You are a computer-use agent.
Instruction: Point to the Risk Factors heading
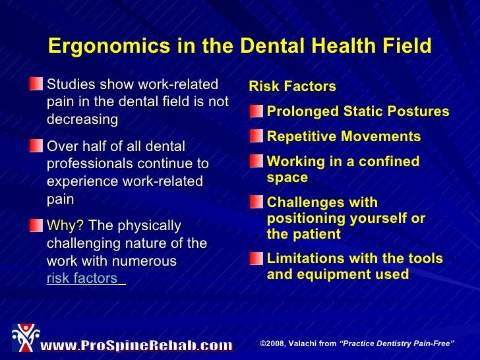pos(292,86)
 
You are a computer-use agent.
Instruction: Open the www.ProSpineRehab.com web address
pos(136,345)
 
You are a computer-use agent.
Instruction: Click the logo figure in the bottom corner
pos(25,338)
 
